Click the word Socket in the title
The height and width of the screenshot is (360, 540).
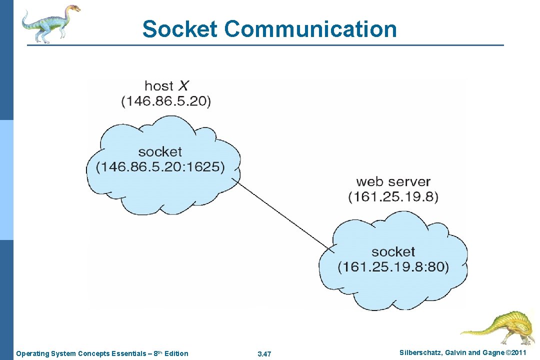click(x=180, y=29)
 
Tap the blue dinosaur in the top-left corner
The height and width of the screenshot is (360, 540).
click(x=50, y=23)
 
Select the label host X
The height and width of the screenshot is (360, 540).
click(x=166, y=86)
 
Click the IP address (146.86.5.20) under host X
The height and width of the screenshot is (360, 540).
click(x=166, y=101)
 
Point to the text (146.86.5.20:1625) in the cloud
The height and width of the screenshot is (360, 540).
click(x=160, y=167)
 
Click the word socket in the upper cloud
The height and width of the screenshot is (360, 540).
click(x=160, y=151)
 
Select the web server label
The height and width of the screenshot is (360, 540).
click(x=393, y=181)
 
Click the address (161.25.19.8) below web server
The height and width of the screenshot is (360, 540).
click(x=393, y=197)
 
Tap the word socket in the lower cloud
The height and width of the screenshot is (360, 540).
click(x=393, y=251)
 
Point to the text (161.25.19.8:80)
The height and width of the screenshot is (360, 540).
click(x=393, y=267)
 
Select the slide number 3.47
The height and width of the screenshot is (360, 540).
click(x=264, y=354)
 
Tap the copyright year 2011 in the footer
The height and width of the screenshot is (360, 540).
click(x=518, y=353)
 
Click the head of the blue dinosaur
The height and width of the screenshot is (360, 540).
click(x=73, y=8)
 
